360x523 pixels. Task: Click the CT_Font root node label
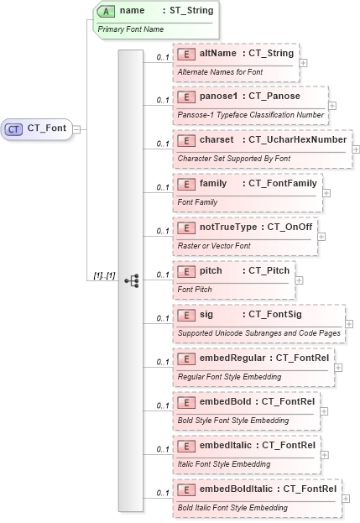point(48,128)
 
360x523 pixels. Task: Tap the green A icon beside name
point(107,11)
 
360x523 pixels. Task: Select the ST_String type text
point(185,11)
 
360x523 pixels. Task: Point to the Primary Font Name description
point(131,29)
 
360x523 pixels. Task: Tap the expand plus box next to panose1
point(332,106)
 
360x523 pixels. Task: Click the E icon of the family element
point(188,183)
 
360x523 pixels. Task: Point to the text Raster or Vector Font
point(214,245)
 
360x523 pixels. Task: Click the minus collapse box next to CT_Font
point(77,129)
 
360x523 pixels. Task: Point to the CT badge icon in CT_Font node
point(14,128)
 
